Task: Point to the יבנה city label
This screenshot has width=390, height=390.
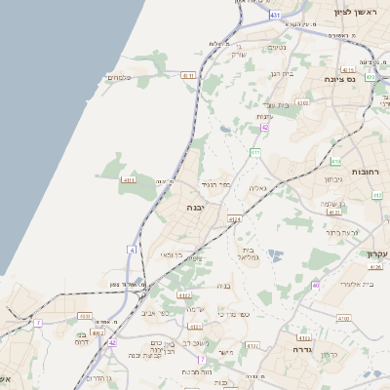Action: (x=196, y=208)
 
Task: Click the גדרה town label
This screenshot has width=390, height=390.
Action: (x=292, y=347)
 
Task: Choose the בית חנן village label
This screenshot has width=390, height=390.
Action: (x=282, y=73)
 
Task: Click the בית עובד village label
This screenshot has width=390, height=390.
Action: (x=278, y=103)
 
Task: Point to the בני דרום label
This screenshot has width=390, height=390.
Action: (x=82, y=339)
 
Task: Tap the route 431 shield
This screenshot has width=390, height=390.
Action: (x=275, y=15)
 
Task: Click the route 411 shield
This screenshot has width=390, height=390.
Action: (x=255, y=153)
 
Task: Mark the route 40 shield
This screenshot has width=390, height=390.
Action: (x=315, y=285)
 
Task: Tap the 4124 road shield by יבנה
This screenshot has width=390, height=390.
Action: (x=234, y=220)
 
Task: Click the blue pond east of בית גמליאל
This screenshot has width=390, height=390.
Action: (x=276, y=254)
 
